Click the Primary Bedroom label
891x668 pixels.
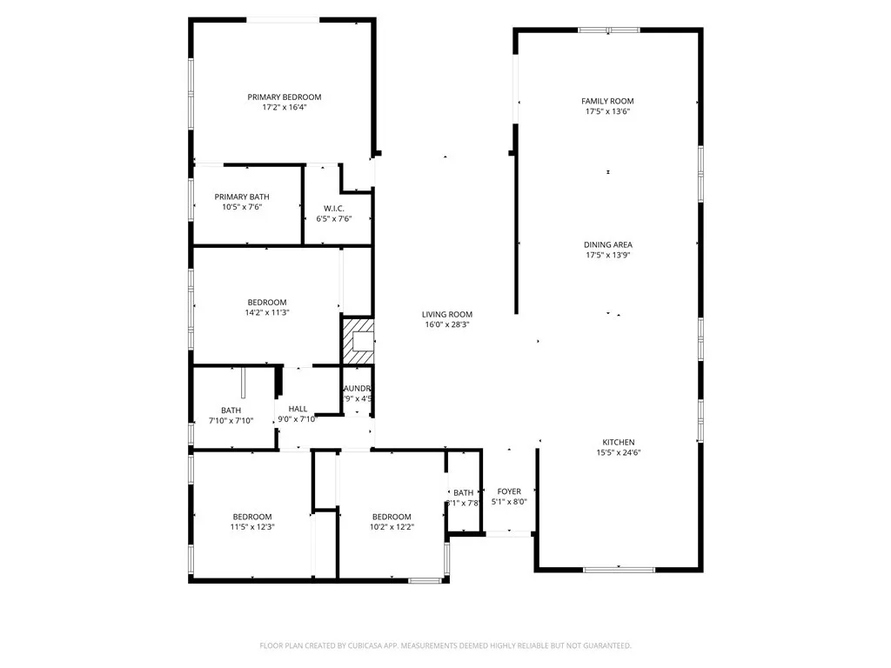285,97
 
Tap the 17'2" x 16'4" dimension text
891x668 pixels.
285,108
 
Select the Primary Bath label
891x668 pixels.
242,197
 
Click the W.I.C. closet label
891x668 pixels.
334,208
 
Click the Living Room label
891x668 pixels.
447,314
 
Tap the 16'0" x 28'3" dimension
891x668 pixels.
447,324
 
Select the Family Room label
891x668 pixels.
607,101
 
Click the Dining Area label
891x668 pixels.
607,244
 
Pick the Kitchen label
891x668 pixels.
619,442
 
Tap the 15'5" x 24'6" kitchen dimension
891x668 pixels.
619,452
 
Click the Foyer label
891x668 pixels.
509,491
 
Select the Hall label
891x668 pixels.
298,409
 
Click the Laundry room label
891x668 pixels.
358,388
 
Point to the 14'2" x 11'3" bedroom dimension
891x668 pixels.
266,312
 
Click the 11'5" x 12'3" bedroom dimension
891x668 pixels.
252,526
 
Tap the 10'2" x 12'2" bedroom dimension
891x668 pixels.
392,526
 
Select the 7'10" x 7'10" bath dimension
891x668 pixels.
231,420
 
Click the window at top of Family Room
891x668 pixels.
608,30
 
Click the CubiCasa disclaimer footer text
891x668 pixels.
445,645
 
